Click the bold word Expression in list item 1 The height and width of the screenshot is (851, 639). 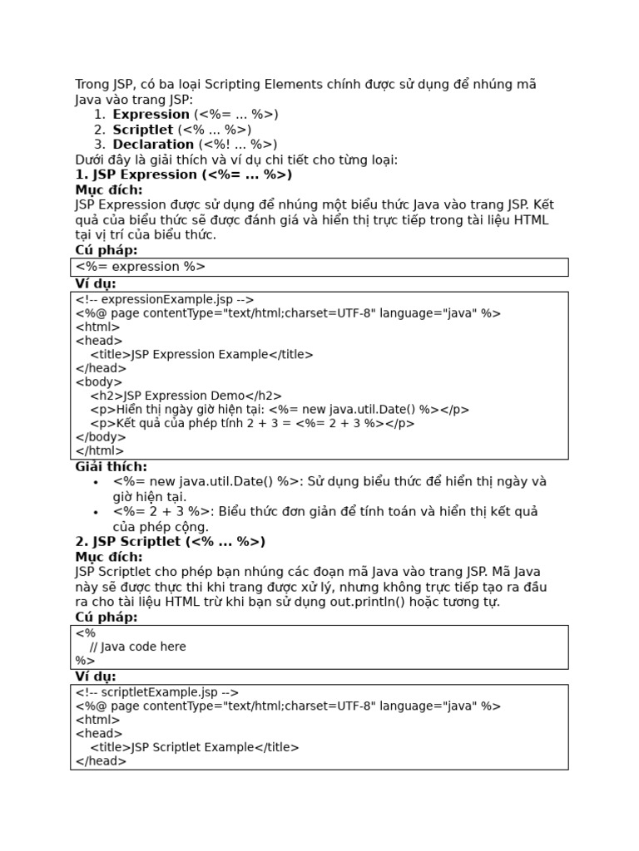click(x=151, y=115)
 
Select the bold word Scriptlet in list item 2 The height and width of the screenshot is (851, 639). click(x=143, y=130)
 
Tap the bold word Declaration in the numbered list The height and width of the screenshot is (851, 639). click(x=153, y=145)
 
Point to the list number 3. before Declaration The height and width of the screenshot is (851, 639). click(x=99, y=145)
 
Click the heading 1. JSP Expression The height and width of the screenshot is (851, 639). click(x=183, y=175)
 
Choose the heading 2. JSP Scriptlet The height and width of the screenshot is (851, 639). click(x=170, y=542)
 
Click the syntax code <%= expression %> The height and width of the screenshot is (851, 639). click(x=140, y=267)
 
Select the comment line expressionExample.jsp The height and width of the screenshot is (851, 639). click(x=164, y=300)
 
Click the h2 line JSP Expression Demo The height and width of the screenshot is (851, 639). click(x=186, y=396)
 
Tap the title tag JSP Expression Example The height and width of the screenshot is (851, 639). click(x=201, y=355)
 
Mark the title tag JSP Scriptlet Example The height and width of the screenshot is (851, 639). click(x=194, y=747)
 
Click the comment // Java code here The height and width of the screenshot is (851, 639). click(x=137, y=647)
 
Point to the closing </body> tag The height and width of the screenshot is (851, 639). click(x=101, y=437)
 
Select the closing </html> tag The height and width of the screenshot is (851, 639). click(x=100, y=450)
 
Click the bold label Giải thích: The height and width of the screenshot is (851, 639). click(x=111, y=467)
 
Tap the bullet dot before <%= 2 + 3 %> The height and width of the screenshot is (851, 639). click(x=96, y=512)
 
